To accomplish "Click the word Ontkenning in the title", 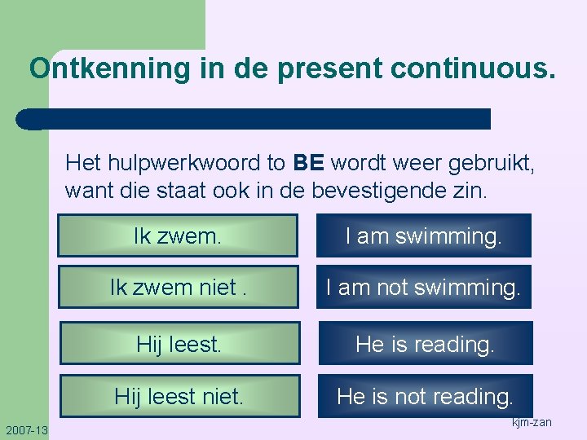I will [x=108, y=68].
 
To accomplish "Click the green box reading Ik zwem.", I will [x=178, y=236].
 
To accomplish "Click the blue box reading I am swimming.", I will [x=424, y=236].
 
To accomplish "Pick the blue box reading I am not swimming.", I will [x=424, y=287].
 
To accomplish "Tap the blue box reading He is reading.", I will [x=425, y=344].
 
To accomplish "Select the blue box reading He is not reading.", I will [x=425, y=397].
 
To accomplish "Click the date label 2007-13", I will [x=26, y=429].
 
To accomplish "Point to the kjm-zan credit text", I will [x=532, y=422].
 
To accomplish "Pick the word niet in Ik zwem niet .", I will [x=214, y=287].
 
